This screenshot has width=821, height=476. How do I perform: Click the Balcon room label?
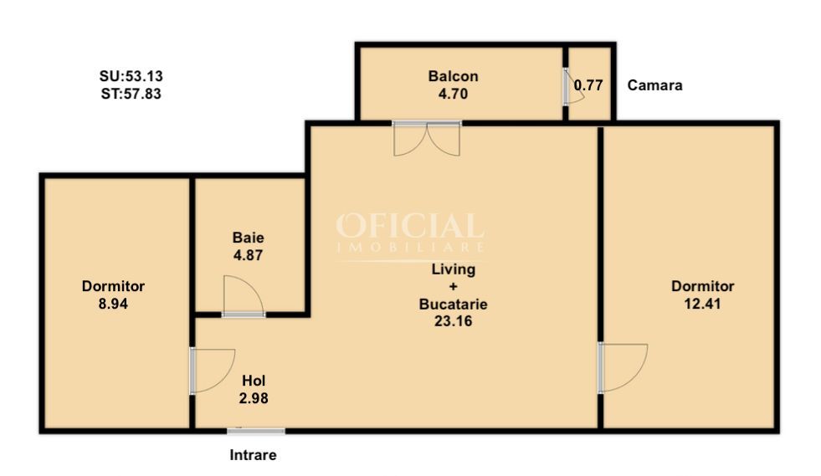click(x=453, y=76)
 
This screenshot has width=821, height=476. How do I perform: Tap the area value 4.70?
click(x=453, y=94)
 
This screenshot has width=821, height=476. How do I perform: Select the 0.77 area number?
click(x=588, y=85)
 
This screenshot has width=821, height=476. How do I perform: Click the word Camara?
click(x=654, y=85)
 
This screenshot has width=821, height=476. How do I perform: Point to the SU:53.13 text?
click(x=131, y=77)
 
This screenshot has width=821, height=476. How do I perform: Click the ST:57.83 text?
click(x=131, y=95)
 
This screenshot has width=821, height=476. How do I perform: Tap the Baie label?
click(x=248, y=238)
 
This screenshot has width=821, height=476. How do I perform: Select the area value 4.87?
click(x=248, y=256)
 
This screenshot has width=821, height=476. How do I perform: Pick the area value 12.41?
click(x=702, y=304)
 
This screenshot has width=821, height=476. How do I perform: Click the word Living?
click(x=454, y=270)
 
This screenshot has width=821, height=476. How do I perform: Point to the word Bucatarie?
click(x=454, y=304)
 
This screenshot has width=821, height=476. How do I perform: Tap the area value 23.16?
click(x=454, y=320)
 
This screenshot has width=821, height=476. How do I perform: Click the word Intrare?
click(x=253, y=456)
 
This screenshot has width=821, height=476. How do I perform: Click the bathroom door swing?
click(x=243, y=297)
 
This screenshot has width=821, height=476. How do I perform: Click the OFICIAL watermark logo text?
click(x=410, y=227)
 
